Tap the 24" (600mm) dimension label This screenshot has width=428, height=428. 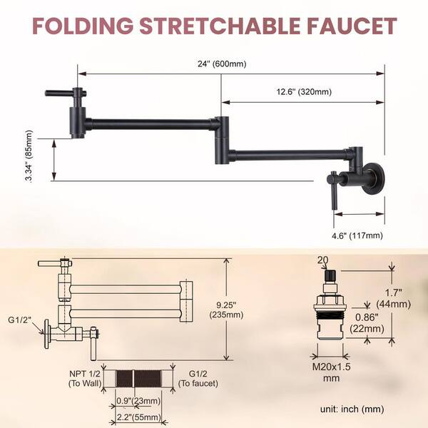point(223,63)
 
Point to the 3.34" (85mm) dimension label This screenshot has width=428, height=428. point(29,156)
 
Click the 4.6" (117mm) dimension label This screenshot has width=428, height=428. point(360,233)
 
